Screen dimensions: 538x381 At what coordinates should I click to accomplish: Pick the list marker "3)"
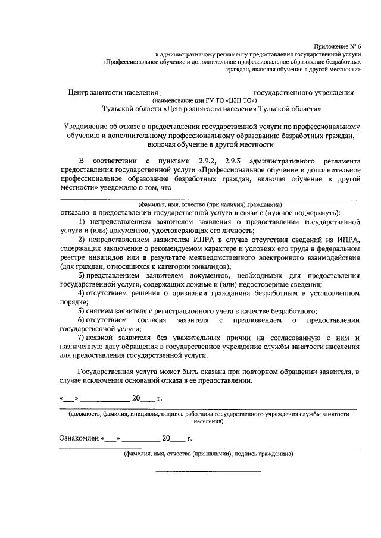(83, 276)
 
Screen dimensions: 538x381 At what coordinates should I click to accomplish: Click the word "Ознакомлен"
(79, 439)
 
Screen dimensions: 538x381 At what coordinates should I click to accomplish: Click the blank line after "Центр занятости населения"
(207, 93)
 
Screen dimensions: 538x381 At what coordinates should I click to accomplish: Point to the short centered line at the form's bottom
(208, 471)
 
